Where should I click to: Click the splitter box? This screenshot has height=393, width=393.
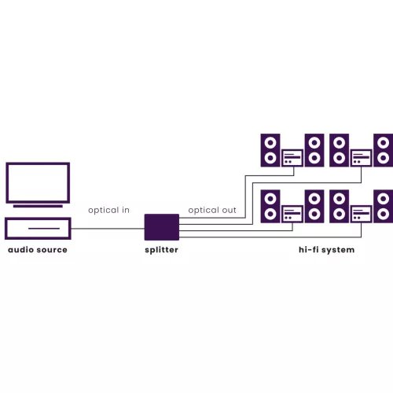coord(162,227)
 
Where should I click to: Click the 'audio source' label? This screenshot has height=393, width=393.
coord(38,250)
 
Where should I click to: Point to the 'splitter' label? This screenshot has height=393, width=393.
coord(161,250)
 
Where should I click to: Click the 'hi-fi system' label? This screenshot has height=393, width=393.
coord(327,250)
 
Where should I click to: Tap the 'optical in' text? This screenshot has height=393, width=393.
coord(108,210)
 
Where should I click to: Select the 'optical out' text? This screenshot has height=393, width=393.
coord(212,210)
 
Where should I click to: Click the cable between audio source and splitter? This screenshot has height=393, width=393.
coord(108,229)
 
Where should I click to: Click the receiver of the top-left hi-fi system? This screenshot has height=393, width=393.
coord(292,158)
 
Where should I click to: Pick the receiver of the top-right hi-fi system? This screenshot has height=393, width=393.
coord(362,158)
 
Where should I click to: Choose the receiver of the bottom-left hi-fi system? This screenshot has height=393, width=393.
coord(292,214)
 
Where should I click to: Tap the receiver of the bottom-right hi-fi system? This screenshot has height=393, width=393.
coord(362,214)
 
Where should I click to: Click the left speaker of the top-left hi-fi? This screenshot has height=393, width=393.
coord(270,150)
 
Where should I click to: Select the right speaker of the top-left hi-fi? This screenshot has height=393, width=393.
coord(314,150)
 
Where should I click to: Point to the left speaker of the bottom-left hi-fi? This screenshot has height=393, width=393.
coord(270,207)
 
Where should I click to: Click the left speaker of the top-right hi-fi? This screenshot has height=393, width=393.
coord(339,150)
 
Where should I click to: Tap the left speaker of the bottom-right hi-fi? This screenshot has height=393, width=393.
coord(339,207)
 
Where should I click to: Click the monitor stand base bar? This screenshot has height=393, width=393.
coord(38,206)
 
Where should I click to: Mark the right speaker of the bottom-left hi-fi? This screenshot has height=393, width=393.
coord(314,207)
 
